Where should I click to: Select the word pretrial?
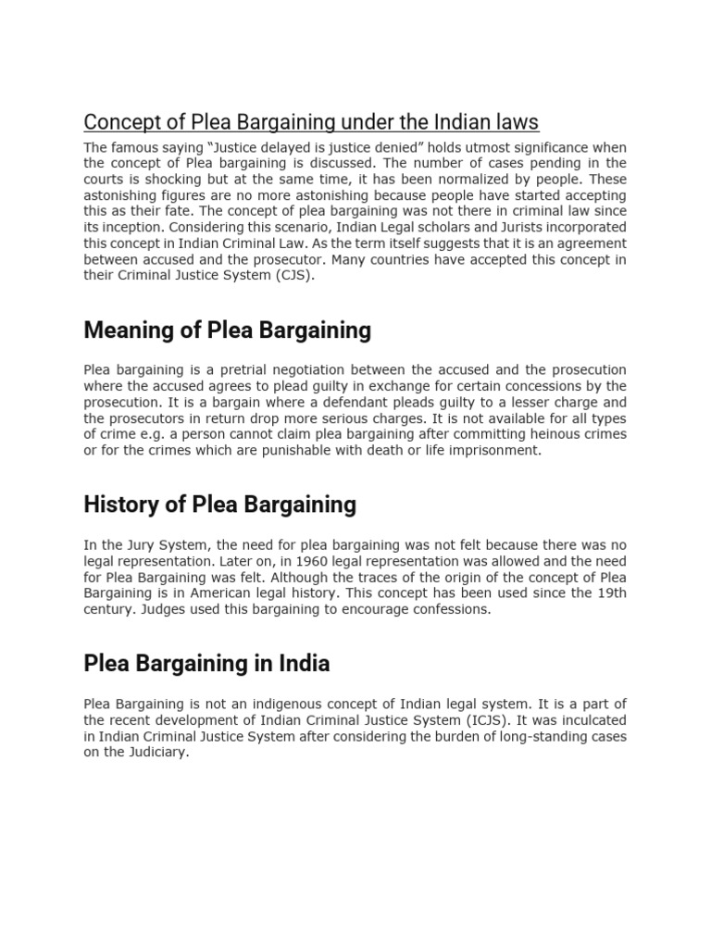click(x=227, y=369)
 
